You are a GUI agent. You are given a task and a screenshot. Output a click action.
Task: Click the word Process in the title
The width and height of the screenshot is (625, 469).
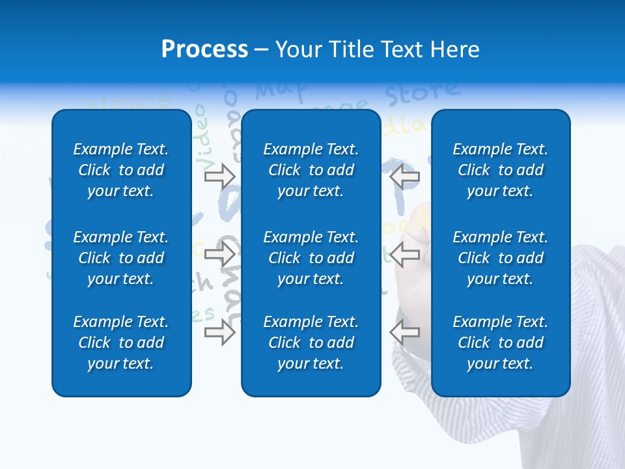coord(204,50)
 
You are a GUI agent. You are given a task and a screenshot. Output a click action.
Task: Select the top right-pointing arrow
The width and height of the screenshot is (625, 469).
coord(220,176)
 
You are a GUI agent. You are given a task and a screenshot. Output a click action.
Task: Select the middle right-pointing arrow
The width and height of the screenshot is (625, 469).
coord(220,254)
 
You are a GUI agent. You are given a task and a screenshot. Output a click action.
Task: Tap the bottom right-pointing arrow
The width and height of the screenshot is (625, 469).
coord(220,333)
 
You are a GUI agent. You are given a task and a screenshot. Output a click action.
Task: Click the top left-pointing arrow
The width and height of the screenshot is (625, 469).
coord(404,176)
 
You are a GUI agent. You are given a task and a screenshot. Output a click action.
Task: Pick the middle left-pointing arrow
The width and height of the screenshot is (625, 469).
coord(404,254)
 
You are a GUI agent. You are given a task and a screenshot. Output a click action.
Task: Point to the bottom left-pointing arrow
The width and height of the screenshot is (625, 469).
coord(404,333)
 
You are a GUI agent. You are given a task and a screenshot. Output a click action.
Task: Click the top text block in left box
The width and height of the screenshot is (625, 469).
coord(121,170)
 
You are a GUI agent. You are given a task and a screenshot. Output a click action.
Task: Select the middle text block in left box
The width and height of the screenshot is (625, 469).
coord(121,258)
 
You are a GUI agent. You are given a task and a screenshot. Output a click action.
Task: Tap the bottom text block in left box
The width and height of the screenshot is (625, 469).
coord(121,343)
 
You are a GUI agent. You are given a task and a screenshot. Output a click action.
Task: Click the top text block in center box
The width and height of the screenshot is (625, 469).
coord(311,170)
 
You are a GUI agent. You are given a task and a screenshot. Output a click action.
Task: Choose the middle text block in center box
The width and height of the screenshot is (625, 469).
coord(311,258)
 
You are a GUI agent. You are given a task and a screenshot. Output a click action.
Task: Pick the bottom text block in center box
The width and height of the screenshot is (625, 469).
coord(311,343)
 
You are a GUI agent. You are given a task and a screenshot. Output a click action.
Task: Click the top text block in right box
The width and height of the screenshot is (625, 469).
coord(500,170)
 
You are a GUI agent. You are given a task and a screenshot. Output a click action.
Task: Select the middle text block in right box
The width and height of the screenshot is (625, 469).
coord(500,258)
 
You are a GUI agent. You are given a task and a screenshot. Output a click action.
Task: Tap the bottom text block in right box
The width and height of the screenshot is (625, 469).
coord(500,343)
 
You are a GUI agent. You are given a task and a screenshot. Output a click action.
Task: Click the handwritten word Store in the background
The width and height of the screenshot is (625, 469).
coord(422,93)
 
